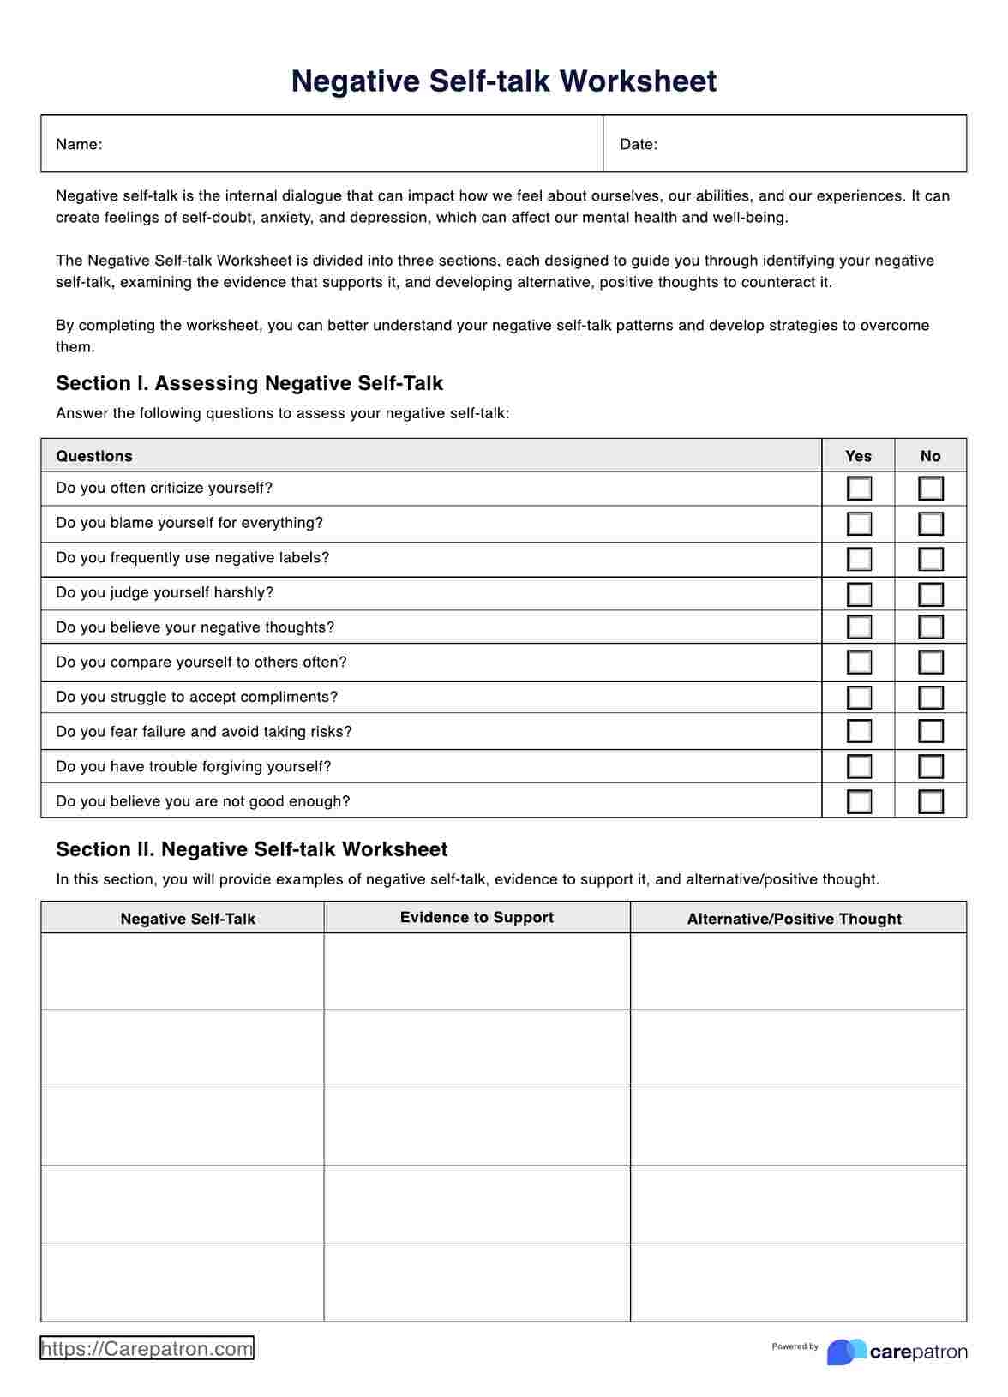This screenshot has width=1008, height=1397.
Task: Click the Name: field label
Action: coord(79,144)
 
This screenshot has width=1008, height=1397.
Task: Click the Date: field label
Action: coord(639,144)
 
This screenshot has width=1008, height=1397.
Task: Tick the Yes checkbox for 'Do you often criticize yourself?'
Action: coord(859,489)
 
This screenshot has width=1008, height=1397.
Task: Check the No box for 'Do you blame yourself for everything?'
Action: coord(931,524)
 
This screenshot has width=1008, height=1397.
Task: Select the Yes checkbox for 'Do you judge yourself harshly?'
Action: coord(859,594)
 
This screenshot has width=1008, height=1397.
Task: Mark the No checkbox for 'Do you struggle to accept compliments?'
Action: coord(931,698)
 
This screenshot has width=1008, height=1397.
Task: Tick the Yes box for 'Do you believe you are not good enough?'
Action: coord(859,801)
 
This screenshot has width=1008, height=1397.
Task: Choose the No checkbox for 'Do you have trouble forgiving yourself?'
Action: coord(931,766)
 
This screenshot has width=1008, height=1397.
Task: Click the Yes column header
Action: coord(858,456)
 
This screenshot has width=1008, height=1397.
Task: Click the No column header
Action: coord(930,456)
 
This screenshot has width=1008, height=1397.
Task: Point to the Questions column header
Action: coord(94,456)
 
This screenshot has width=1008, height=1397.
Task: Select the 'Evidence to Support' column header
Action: coord(477,917)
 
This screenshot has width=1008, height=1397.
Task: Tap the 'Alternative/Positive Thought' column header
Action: coord(794,919)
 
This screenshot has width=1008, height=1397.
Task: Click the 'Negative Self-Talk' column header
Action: coord(188,919)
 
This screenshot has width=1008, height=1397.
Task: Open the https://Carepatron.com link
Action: coord(147,1349)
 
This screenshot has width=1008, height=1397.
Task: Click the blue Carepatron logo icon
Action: coord(845,1352)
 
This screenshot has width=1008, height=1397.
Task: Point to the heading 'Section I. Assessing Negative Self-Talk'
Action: coord(249,383)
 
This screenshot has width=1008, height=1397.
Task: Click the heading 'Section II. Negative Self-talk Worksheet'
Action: coord(251,849)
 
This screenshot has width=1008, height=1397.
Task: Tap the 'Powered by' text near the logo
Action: coord(795,1346)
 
